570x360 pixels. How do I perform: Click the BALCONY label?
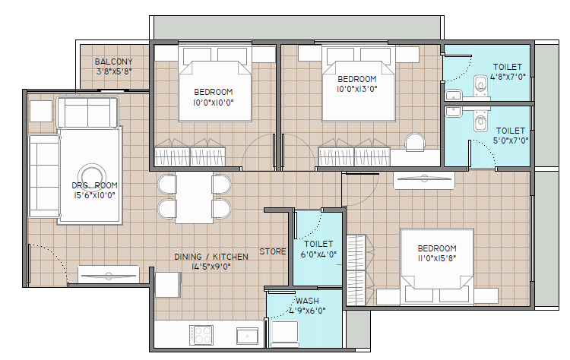tap(113, 62)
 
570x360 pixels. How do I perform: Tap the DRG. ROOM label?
tap(94, 185)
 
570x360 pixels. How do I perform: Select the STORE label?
tap(273, 251)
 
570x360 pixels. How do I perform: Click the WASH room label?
tap(307, 301)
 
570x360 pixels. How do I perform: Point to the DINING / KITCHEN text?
tap(211, 257)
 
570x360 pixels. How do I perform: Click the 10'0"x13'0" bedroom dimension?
tap(357, 89)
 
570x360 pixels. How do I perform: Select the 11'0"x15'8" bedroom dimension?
tap(437, 258)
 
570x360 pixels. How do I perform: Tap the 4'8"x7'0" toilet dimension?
tap(508, 77)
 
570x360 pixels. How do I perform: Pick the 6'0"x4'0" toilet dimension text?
tap(318, 254)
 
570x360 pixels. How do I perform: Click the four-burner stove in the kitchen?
tap(201, 335)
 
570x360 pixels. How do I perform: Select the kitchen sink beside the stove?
tap(248, 336)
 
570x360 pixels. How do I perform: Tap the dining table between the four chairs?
tap(195, 197)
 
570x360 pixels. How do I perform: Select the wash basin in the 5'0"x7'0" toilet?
tap(453, 111)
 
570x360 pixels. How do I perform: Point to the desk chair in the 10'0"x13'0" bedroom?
tap(415, 142)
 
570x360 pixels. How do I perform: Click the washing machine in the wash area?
tap(285, 333)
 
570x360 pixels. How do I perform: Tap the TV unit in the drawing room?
tap(109, 275)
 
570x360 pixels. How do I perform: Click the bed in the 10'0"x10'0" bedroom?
tap(215, 84)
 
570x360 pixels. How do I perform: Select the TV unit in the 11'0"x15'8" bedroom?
tap(424, 180)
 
